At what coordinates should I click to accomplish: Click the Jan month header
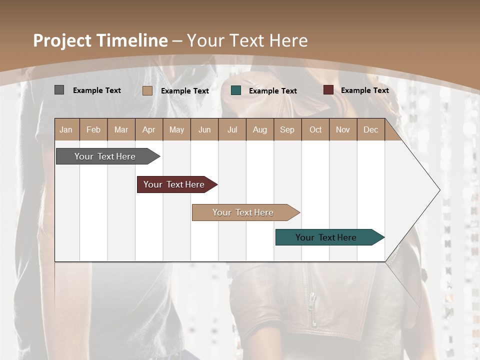(x=66, y=129)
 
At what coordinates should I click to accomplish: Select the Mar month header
(x=121, y=129)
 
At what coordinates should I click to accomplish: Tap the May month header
(x=176, y=129)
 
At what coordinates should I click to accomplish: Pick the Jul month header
(x=232, y=129)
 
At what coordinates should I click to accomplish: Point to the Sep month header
(x=287, y=129)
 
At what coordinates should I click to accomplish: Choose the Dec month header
(x=370, y=129)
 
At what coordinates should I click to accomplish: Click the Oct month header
(x=315, y=129)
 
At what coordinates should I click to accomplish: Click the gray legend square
(x=59, y=90)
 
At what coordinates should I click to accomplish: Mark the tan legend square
(x=147, y=90)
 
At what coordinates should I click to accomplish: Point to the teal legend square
(x=236, y=90)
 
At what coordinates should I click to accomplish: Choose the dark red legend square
(x=328, y=90)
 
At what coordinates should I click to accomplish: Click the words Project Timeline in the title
(x=100, y=40)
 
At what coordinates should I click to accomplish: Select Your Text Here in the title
(x=247, y=40)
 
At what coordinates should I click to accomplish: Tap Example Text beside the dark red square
(x=364, y=90)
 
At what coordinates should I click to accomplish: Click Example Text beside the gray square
(x=96, y=90)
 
